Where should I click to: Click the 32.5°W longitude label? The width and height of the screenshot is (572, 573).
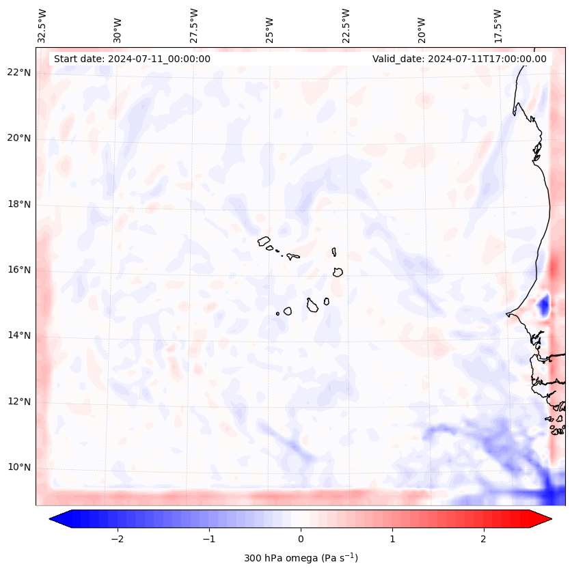click(42, 26)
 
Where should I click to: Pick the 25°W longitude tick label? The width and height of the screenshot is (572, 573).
click(270, 26)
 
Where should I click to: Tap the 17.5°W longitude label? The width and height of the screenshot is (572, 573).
click(498, 26)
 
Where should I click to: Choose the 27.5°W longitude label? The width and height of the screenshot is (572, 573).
click(194, 26)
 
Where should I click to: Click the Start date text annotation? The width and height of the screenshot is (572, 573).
click(132, 59)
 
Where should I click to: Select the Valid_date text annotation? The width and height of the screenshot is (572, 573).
click(459, 59)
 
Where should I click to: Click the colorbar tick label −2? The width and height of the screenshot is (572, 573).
click(117, 539)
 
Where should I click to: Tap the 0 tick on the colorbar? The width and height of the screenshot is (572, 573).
click(301, 539)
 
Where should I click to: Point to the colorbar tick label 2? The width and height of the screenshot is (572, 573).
click(484, 539)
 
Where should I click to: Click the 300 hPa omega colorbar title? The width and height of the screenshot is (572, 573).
click(301, 558)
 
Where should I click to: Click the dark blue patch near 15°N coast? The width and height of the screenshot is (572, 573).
click(544, 305)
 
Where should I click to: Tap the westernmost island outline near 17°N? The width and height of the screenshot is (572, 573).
click(264, 240)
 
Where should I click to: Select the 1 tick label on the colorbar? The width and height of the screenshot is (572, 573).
click(392, 539)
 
